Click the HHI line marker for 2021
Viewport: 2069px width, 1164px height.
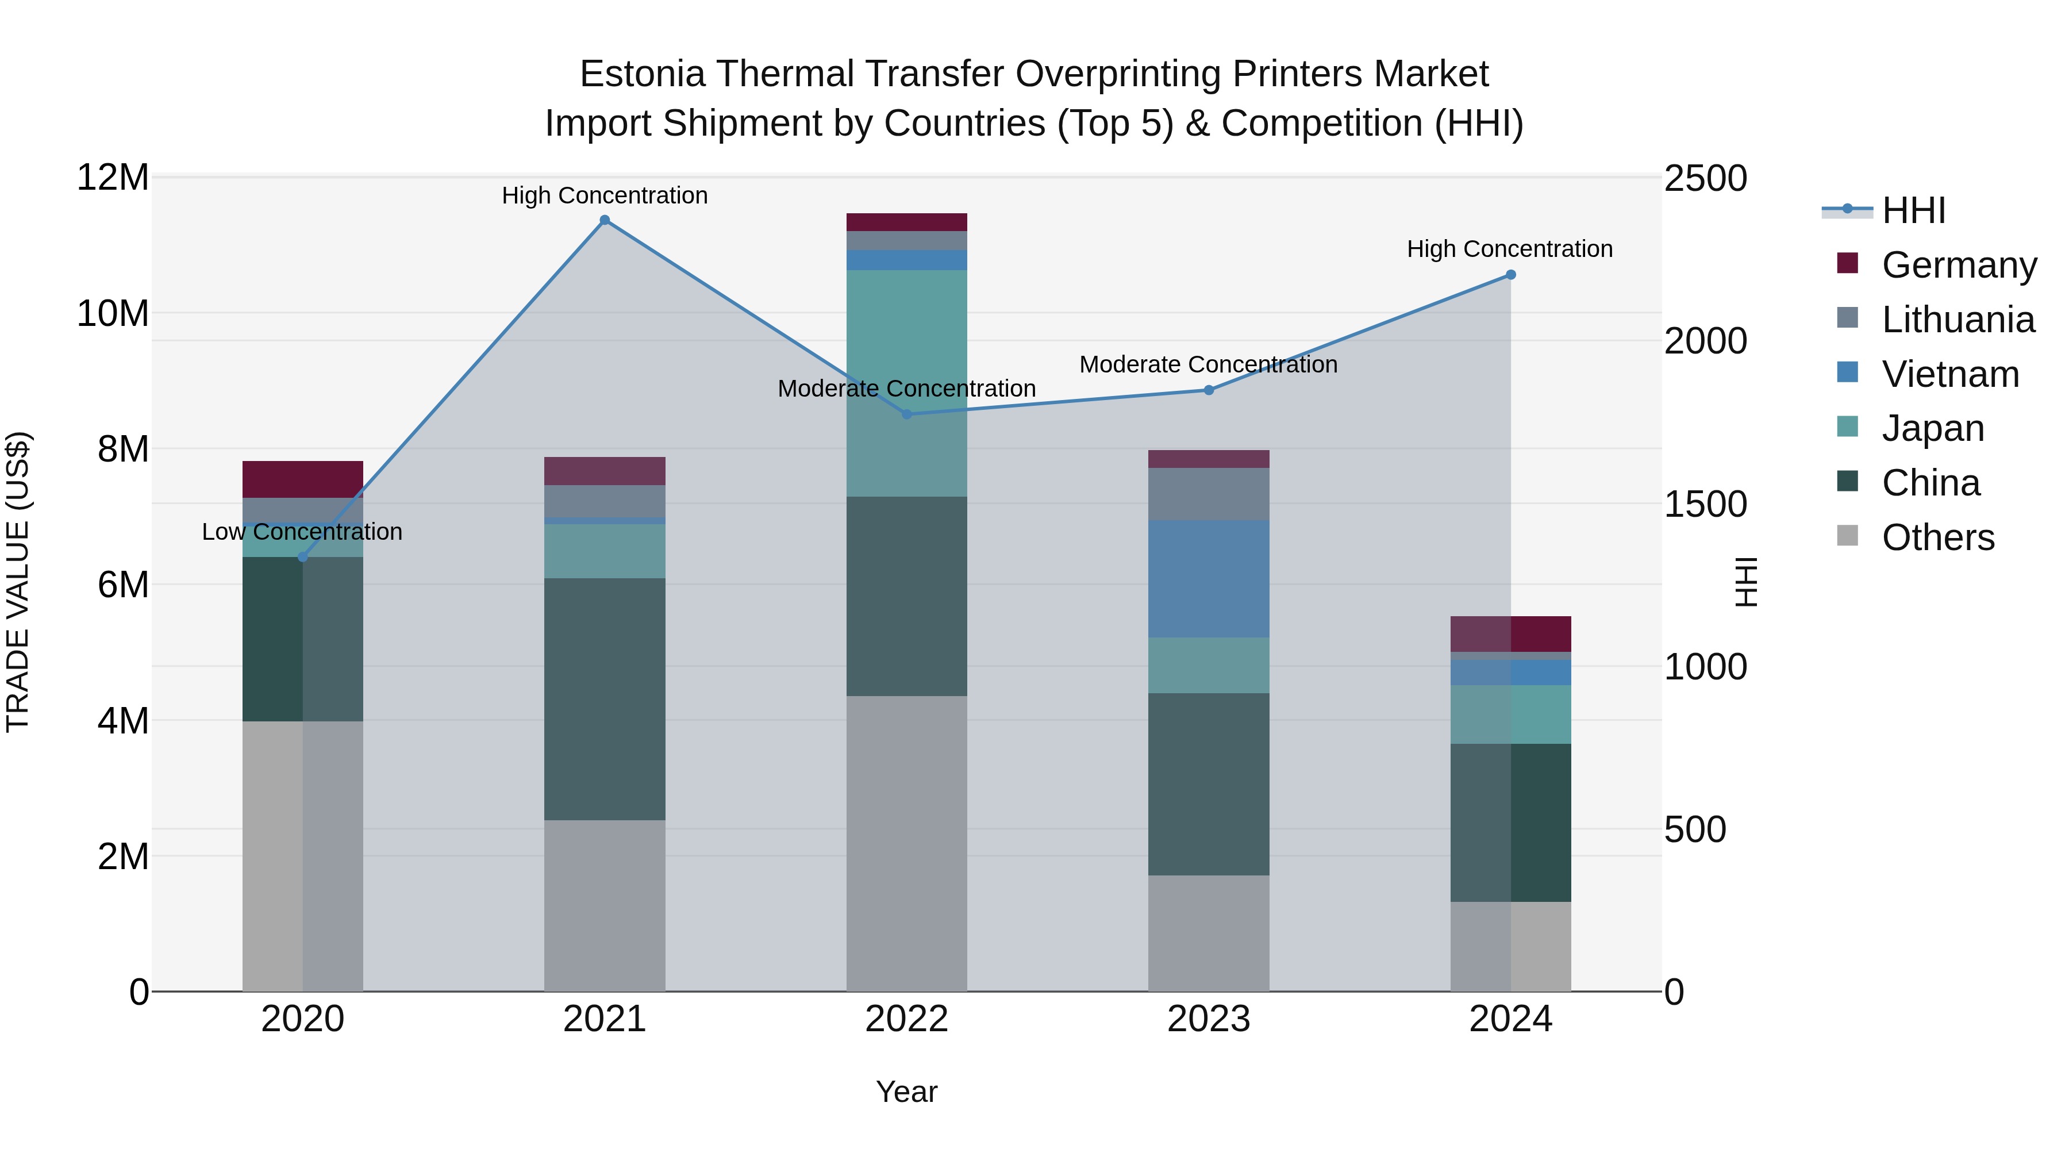[x=605, y=220]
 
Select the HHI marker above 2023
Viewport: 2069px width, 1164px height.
[x=1209, y=390]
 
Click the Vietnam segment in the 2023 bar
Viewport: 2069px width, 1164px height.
[x=1209, y=578]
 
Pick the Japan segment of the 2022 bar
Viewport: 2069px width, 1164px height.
[x=907, y=383]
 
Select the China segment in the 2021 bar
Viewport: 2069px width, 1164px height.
[x=605, y=699]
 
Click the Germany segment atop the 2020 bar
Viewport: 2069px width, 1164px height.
[x=303, y=479]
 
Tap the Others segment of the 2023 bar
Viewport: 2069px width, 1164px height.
[x=1209, y=933]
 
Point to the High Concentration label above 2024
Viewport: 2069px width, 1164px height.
[x=1509, y=249]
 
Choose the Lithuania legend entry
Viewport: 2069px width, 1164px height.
[x=1958, y=320]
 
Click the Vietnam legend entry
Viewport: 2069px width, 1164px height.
[x=1949, y=374]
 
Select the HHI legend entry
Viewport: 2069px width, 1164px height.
[x=1913, y=210]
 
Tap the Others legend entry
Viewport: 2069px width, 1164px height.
[x=1937, y=537]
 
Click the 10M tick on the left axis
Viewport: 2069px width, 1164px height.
[x=113, y=313]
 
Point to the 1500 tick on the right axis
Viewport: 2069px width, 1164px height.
[x=1705, y=505]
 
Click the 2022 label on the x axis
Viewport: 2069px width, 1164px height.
[x=907, y=1019]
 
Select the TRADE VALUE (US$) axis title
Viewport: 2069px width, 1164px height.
[x=18, y=582]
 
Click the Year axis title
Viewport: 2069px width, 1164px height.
[x=907, y=1092]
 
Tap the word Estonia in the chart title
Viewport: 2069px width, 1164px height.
[x=643, y=74]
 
